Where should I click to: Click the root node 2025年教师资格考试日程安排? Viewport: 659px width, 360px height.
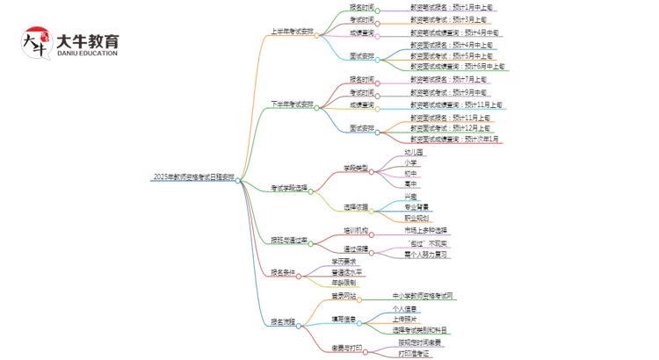[193, 177]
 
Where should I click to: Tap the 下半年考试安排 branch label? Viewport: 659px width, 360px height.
[291, 104]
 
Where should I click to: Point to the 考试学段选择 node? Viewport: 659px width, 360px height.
[289, 188]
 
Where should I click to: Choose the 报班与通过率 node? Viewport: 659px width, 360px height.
[289, 240]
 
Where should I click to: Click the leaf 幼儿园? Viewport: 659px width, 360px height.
[413, 151]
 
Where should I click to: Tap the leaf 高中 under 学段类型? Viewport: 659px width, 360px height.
[410, 184]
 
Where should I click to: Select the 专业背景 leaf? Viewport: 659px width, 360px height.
[416, 206]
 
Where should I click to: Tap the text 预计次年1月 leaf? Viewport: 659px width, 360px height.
[455, 139]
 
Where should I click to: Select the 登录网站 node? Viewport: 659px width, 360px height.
[344, 296]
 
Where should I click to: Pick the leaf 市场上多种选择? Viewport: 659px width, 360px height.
[426, 229]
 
